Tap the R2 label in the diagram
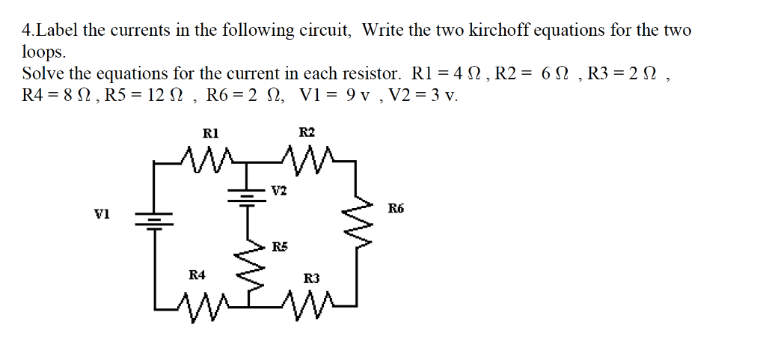coord(307,132)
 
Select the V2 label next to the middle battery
coord(278,191)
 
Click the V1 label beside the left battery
coord(102,214)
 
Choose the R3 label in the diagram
coord(312,278)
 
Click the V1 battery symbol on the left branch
coord(154,219)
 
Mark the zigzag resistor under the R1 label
coord(209,157)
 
